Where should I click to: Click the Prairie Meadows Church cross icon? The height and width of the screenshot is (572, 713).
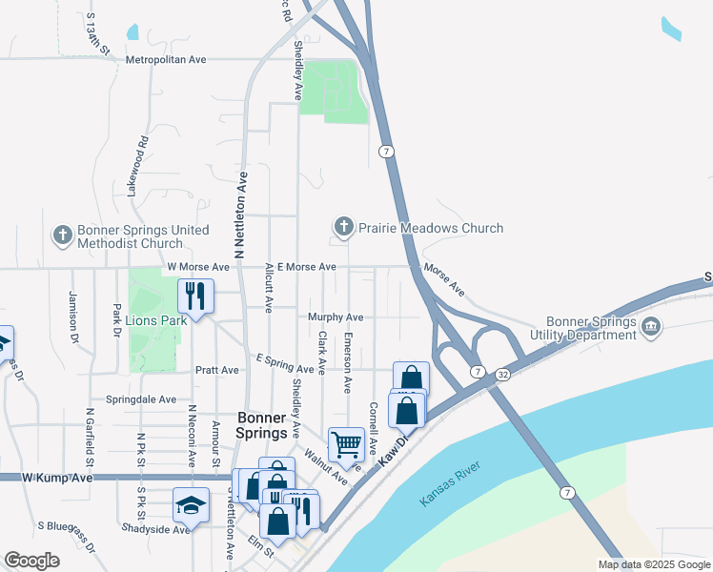pos(343,227)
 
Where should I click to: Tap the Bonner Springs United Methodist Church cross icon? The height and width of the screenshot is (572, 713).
pos(63,235)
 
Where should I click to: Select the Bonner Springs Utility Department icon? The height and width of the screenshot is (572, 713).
pos(651,327)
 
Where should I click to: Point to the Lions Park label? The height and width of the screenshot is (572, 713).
pos(156,320)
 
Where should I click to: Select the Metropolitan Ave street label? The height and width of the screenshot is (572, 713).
pos(166,59)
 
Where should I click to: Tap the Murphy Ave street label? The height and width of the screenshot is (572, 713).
pos(335,317)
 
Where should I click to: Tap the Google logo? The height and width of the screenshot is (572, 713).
pos(31,561)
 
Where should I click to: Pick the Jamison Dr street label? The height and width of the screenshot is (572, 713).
pos(71,317)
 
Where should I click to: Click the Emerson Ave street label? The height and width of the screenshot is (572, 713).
pos(349,362)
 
